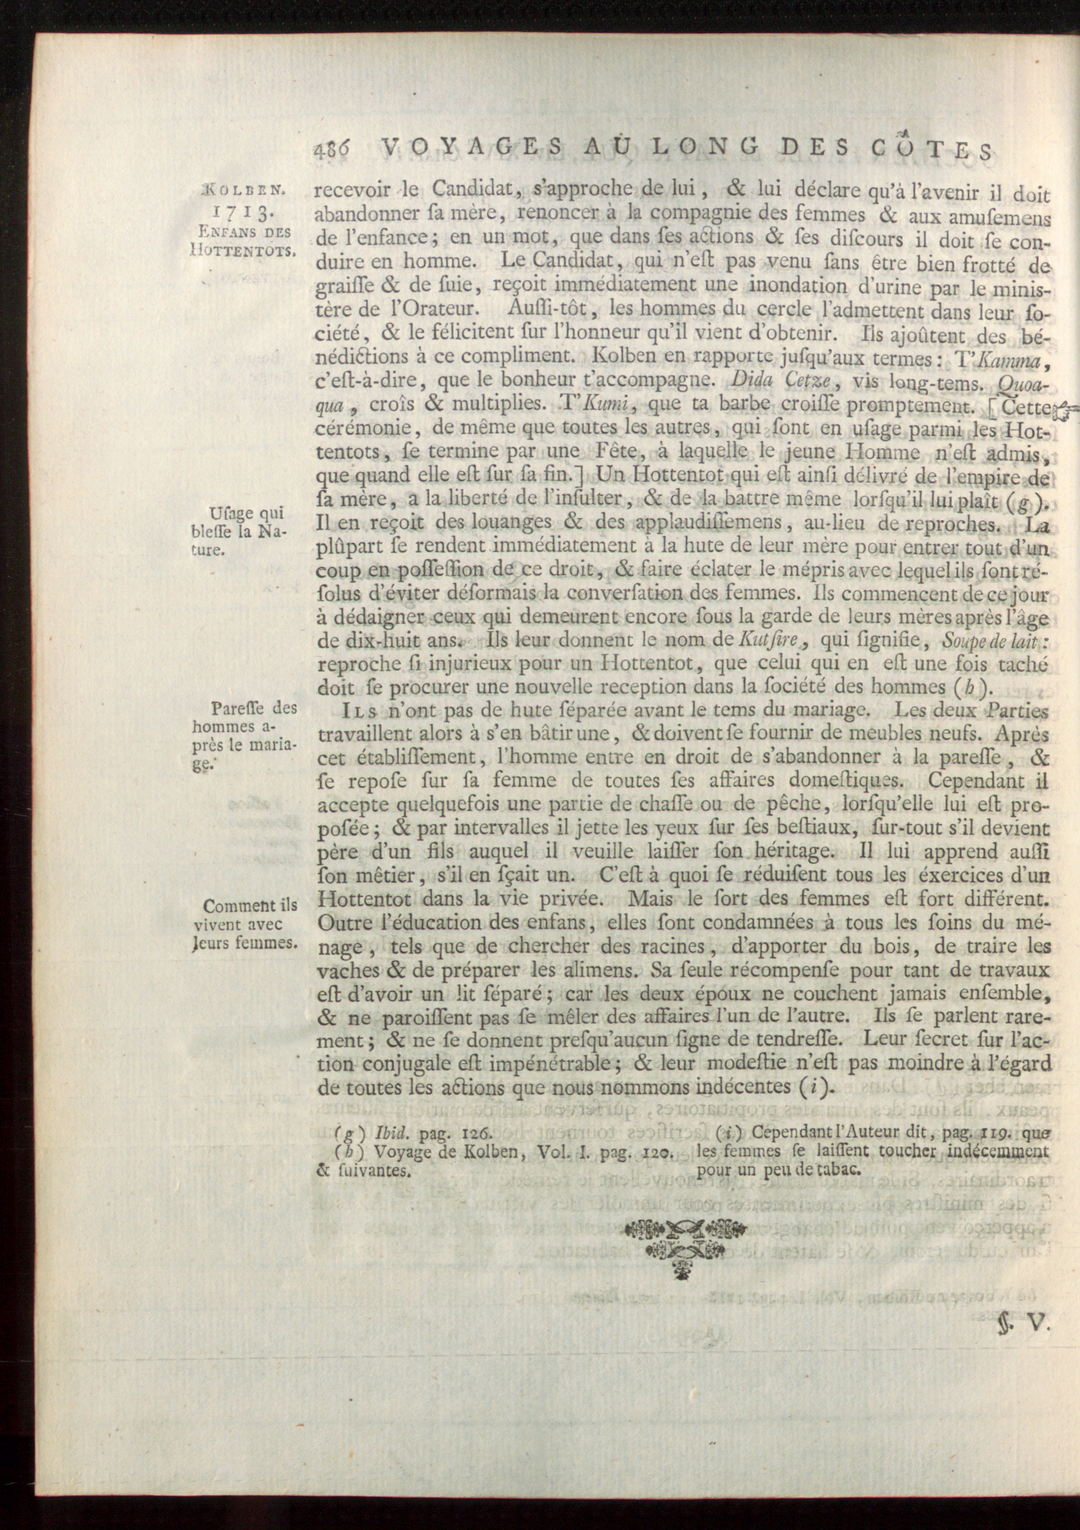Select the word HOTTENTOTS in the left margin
(x=242, y=250)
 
